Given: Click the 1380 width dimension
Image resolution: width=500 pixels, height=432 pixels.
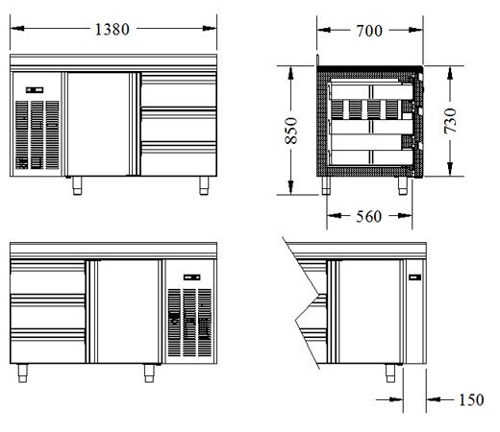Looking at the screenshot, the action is [112, 30].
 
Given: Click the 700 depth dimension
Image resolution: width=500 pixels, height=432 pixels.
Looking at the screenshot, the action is [369, 31].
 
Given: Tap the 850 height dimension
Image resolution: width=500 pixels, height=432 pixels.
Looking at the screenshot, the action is [291, 131].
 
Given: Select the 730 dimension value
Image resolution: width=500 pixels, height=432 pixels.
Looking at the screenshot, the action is [450, 121].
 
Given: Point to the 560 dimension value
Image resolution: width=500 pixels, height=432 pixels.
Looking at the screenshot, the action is [369, 217].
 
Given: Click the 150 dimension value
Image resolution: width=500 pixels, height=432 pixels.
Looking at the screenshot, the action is [471, 400].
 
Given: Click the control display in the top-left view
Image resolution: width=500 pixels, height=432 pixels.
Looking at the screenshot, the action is [35, 90].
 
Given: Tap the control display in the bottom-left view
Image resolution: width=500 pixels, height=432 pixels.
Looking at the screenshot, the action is [192, 277].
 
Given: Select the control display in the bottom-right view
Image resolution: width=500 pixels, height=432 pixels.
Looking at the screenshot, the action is [414, 277].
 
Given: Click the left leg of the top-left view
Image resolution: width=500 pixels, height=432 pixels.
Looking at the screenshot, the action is [77, 185].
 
